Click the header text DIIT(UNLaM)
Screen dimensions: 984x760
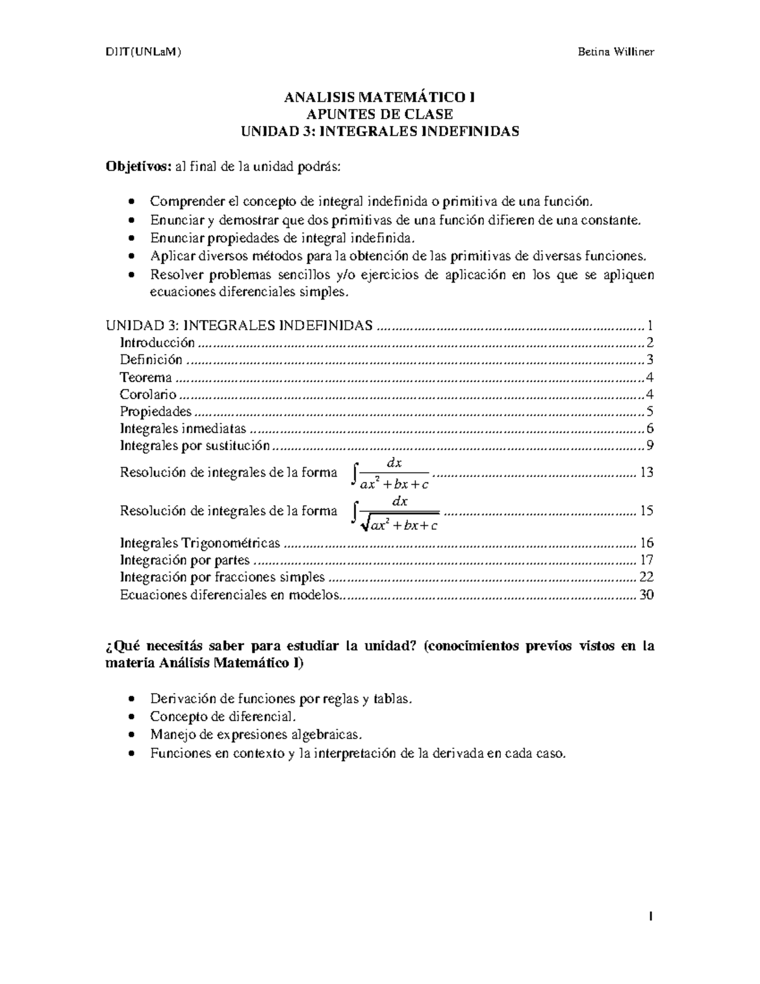[142, 52]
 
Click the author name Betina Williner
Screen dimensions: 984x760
[615, 52]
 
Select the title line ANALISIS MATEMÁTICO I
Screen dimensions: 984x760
[379, 98]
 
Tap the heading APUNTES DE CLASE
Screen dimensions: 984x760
[379, 115]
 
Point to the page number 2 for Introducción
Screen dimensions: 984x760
[649, 343]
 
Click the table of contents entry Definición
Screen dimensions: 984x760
[151, 360]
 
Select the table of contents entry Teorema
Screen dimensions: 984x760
[146, 378]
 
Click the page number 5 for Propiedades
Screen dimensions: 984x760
[649, 412]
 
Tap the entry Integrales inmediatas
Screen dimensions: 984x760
[183, 429]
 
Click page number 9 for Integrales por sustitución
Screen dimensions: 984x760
[649, 445]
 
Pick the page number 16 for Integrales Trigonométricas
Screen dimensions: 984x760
[646, 543]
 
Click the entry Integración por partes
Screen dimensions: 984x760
[185, 560]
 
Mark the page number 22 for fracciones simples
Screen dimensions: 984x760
[646, 577]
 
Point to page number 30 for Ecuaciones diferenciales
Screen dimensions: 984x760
[646, 595]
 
